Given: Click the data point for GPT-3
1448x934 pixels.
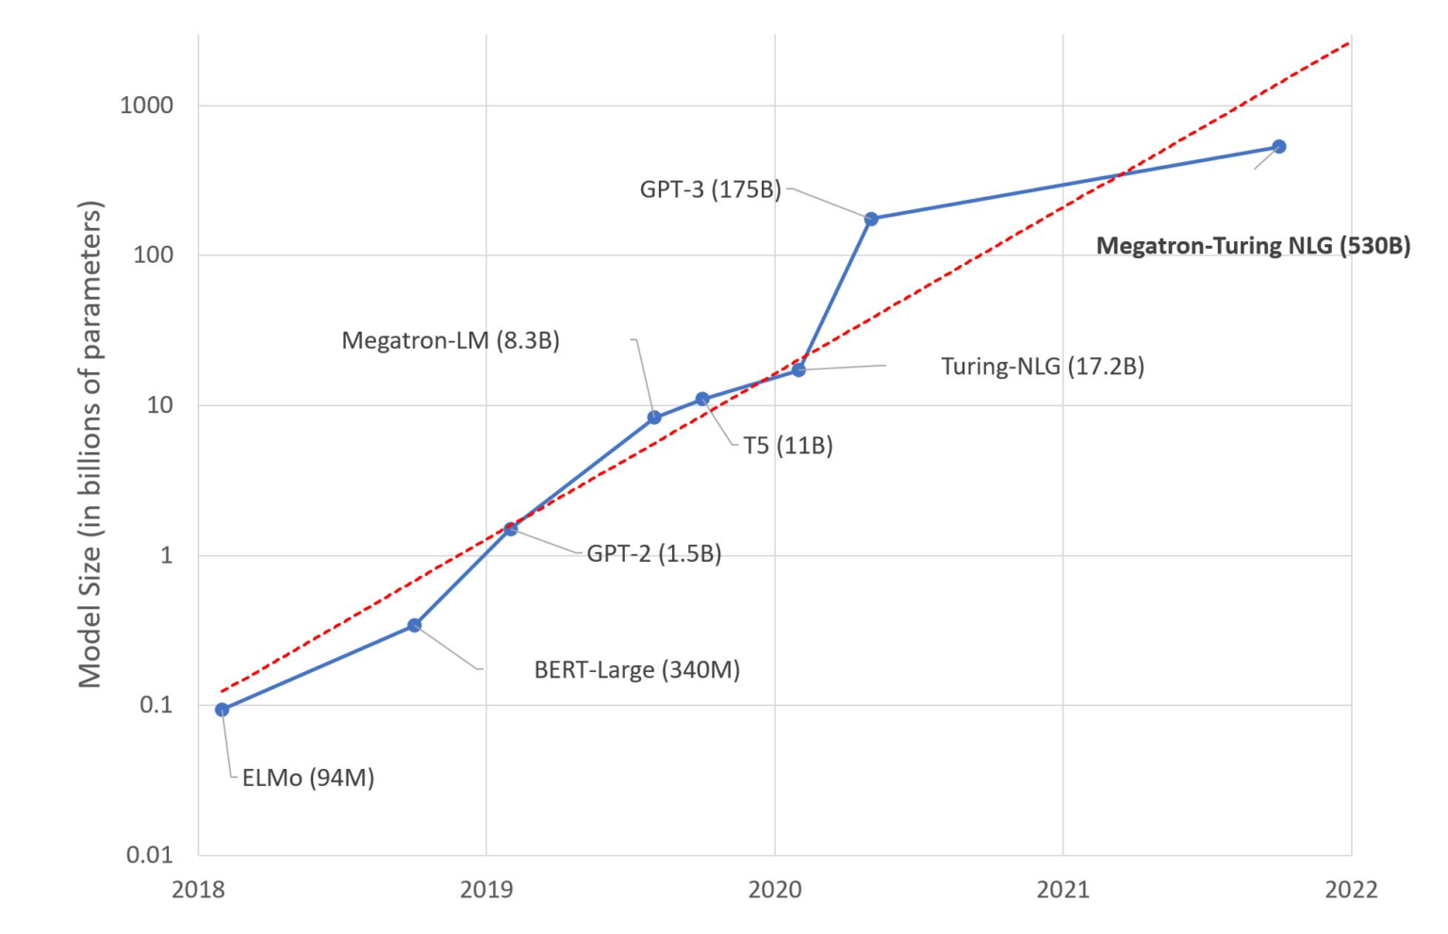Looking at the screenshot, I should coord(871,219).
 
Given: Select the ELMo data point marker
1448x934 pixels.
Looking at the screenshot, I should coord(222,710).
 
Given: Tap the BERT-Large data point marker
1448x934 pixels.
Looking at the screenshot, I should coord(414,625).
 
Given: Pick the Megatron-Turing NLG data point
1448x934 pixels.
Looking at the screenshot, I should coord(1279,146).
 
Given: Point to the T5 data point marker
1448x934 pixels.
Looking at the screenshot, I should coord(702,400).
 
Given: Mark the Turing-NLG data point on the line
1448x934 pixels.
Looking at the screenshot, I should coord(798,369).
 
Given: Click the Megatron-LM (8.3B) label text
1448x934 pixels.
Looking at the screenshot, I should coord(451,340).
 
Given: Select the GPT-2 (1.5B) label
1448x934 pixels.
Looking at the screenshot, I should coord(654,553).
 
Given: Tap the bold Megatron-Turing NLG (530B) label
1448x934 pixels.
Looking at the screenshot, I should coord(1253,246).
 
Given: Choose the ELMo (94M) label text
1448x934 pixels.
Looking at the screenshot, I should coord(308,778).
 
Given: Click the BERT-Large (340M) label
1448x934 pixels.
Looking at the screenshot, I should coord(637,670).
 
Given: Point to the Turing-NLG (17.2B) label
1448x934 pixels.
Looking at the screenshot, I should coord(1043,366).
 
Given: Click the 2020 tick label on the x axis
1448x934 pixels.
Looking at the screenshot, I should coord(774,889).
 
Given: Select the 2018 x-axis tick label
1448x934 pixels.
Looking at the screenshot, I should coord(198,889).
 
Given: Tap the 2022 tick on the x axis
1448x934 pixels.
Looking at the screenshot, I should coord(1351,889).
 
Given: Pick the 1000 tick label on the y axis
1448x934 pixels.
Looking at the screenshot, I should coord(146,105).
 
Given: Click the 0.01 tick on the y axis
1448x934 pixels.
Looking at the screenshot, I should coord(150,855).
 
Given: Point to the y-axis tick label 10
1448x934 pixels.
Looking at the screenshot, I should coord(159,405).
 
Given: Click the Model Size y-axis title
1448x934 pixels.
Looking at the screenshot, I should coord(90,444).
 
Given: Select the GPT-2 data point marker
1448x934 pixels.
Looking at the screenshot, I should coord(511,529).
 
